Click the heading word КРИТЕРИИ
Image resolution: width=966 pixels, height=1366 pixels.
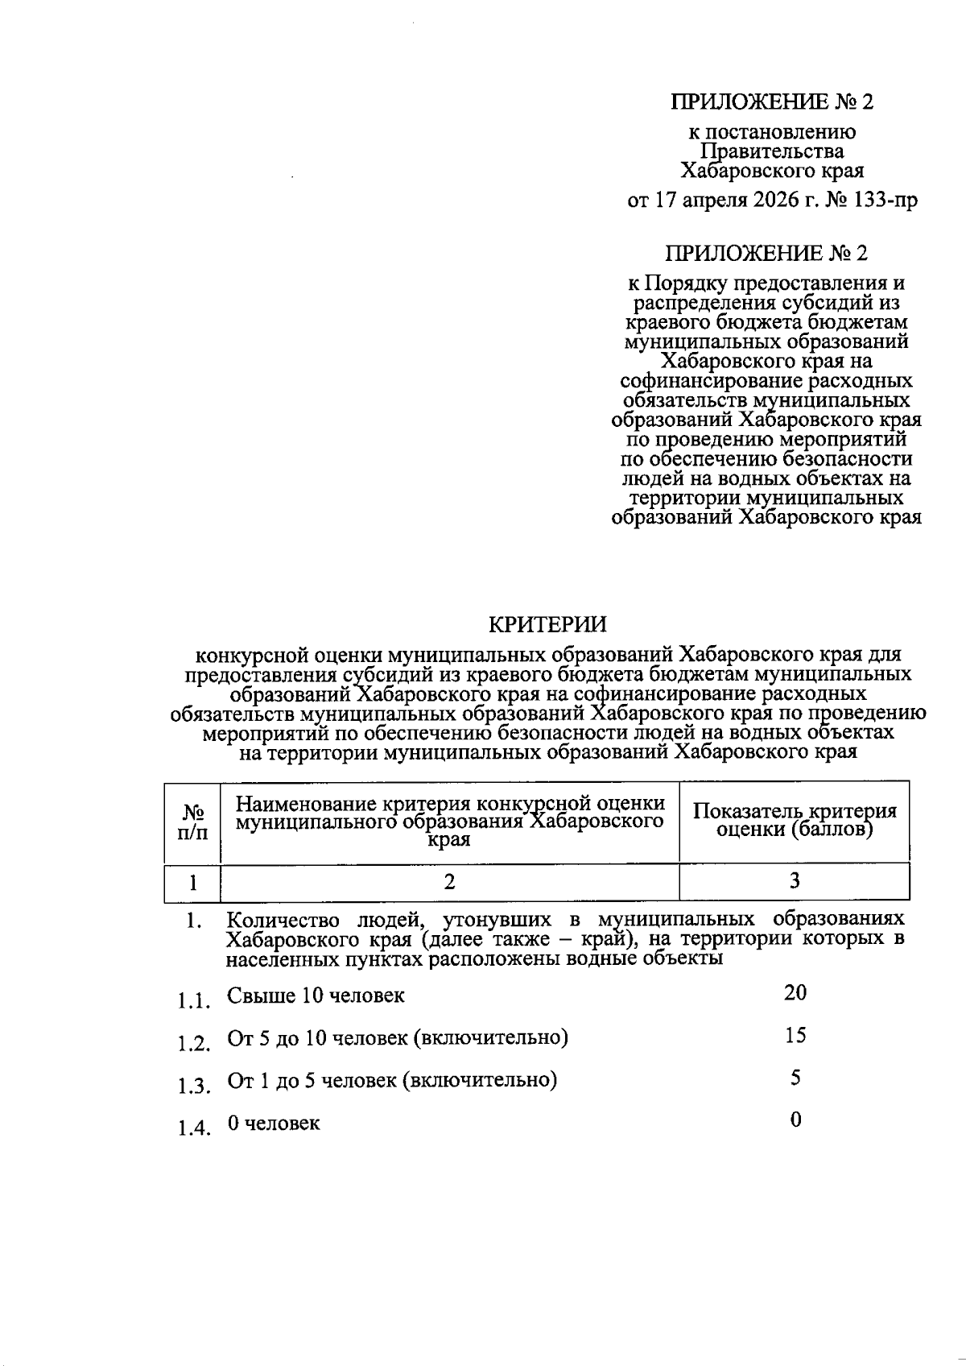548,624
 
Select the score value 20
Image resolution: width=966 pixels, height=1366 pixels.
795,992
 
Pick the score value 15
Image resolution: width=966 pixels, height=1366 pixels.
795,1035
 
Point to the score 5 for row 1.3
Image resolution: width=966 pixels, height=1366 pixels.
795,1078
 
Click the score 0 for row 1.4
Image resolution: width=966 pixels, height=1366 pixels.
795,1120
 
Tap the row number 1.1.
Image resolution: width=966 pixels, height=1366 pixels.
194,1001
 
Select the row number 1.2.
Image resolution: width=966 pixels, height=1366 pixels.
194,1044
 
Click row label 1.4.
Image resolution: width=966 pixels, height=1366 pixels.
194,1128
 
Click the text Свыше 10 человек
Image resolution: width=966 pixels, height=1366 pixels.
316,996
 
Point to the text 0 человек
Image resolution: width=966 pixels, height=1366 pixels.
274,1123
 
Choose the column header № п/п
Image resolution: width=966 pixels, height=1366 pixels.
192,822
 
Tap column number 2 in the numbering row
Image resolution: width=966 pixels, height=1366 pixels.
449,882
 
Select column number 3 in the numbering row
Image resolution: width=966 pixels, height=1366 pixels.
795,882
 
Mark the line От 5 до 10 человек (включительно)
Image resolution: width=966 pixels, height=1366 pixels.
398,1038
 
